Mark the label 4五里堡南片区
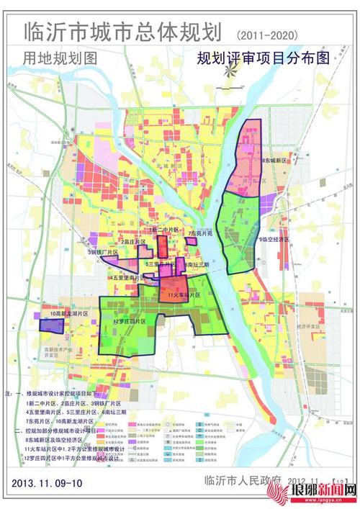[130, 277]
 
